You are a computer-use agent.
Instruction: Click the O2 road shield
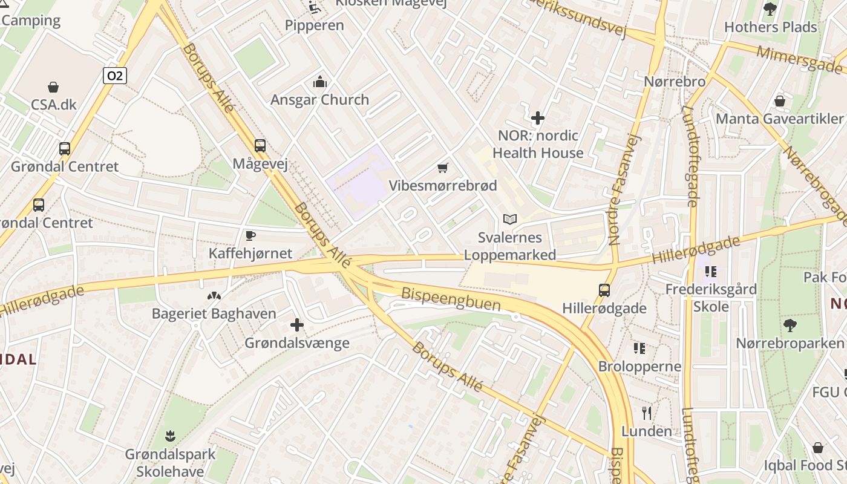coord(114,76)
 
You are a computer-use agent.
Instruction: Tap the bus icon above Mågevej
coord(260,145)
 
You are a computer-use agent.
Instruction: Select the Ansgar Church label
coord(319,100)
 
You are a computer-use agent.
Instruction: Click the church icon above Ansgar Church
coord(319,82)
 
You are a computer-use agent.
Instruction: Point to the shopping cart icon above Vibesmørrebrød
coord(443,168)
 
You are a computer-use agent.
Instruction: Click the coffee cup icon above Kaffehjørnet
coord(250,235)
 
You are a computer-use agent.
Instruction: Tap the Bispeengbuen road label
coord(451,299)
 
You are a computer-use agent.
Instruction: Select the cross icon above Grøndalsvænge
coord(296,325)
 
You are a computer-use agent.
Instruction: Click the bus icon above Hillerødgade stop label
coord(604,290)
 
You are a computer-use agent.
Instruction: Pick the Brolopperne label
coord(639,367)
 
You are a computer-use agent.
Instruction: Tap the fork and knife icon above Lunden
coord(647,413)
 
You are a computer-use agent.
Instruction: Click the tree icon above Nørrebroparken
coord(790,325)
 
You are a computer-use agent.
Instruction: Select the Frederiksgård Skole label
coord(711,298)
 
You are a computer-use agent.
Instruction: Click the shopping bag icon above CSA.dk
coord(53,87)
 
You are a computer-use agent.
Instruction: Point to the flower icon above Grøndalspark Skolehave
coord(171,436)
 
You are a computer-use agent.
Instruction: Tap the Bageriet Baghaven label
coord(214,313)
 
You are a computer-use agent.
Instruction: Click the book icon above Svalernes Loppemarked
coord(510,219)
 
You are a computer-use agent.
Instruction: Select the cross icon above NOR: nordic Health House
coord(537,117)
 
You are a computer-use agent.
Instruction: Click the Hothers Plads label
coord(770,27)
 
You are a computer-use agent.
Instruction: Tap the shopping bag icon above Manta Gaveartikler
coord(780,100)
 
